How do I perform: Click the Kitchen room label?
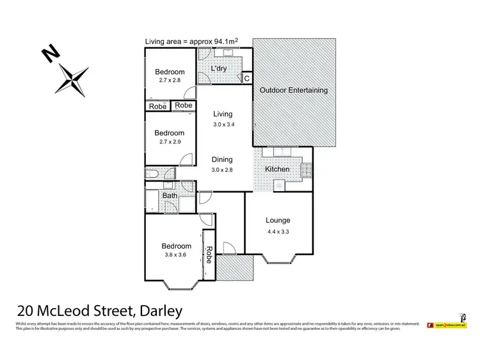(277, 169)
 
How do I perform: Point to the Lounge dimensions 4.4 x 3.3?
(278, 232)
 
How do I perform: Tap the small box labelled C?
(247, 78)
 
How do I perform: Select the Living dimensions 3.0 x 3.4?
(223, 125)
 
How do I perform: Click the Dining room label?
(223, 160)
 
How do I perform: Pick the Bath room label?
(170, 196)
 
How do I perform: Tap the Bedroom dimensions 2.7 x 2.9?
(170, 143)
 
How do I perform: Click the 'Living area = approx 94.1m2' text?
(192, 42)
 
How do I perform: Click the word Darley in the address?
(157, 311)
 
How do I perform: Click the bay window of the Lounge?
(278, 259)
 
